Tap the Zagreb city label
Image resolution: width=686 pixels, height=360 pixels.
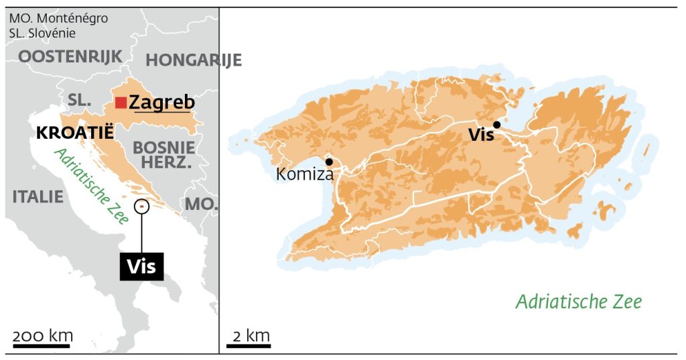[x=161, y=103]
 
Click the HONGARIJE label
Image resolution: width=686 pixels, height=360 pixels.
[x=194, y=60]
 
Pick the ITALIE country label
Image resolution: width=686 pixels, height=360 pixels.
[x=38, y=196]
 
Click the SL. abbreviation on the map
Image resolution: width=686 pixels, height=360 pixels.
[x=79, y=100]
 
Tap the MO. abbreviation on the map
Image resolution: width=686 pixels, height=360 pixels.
[x=202, y=204]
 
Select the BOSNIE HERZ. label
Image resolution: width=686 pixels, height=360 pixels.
[x=164, y=155]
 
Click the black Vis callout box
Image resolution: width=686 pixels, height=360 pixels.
[x=141, y=266]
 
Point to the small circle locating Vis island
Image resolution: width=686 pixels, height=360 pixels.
[x=141, y=206]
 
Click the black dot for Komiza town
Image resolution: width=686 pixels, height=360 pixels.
[x=329, y=162]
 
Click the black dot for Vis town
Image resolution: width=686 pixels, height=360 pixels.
[x=496, y=124]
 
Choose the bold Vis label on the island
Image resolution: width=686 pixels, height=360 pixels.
[x=481, y=135]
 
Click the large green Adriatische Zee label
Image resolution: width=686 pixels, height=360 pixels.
[x=578, y=302]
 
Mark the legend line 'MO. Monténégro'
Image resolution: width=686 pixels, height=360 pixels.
[x=58, y=19]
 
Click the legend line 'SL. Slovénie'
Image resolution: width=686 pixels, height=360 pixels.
[x=42, y=33]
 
